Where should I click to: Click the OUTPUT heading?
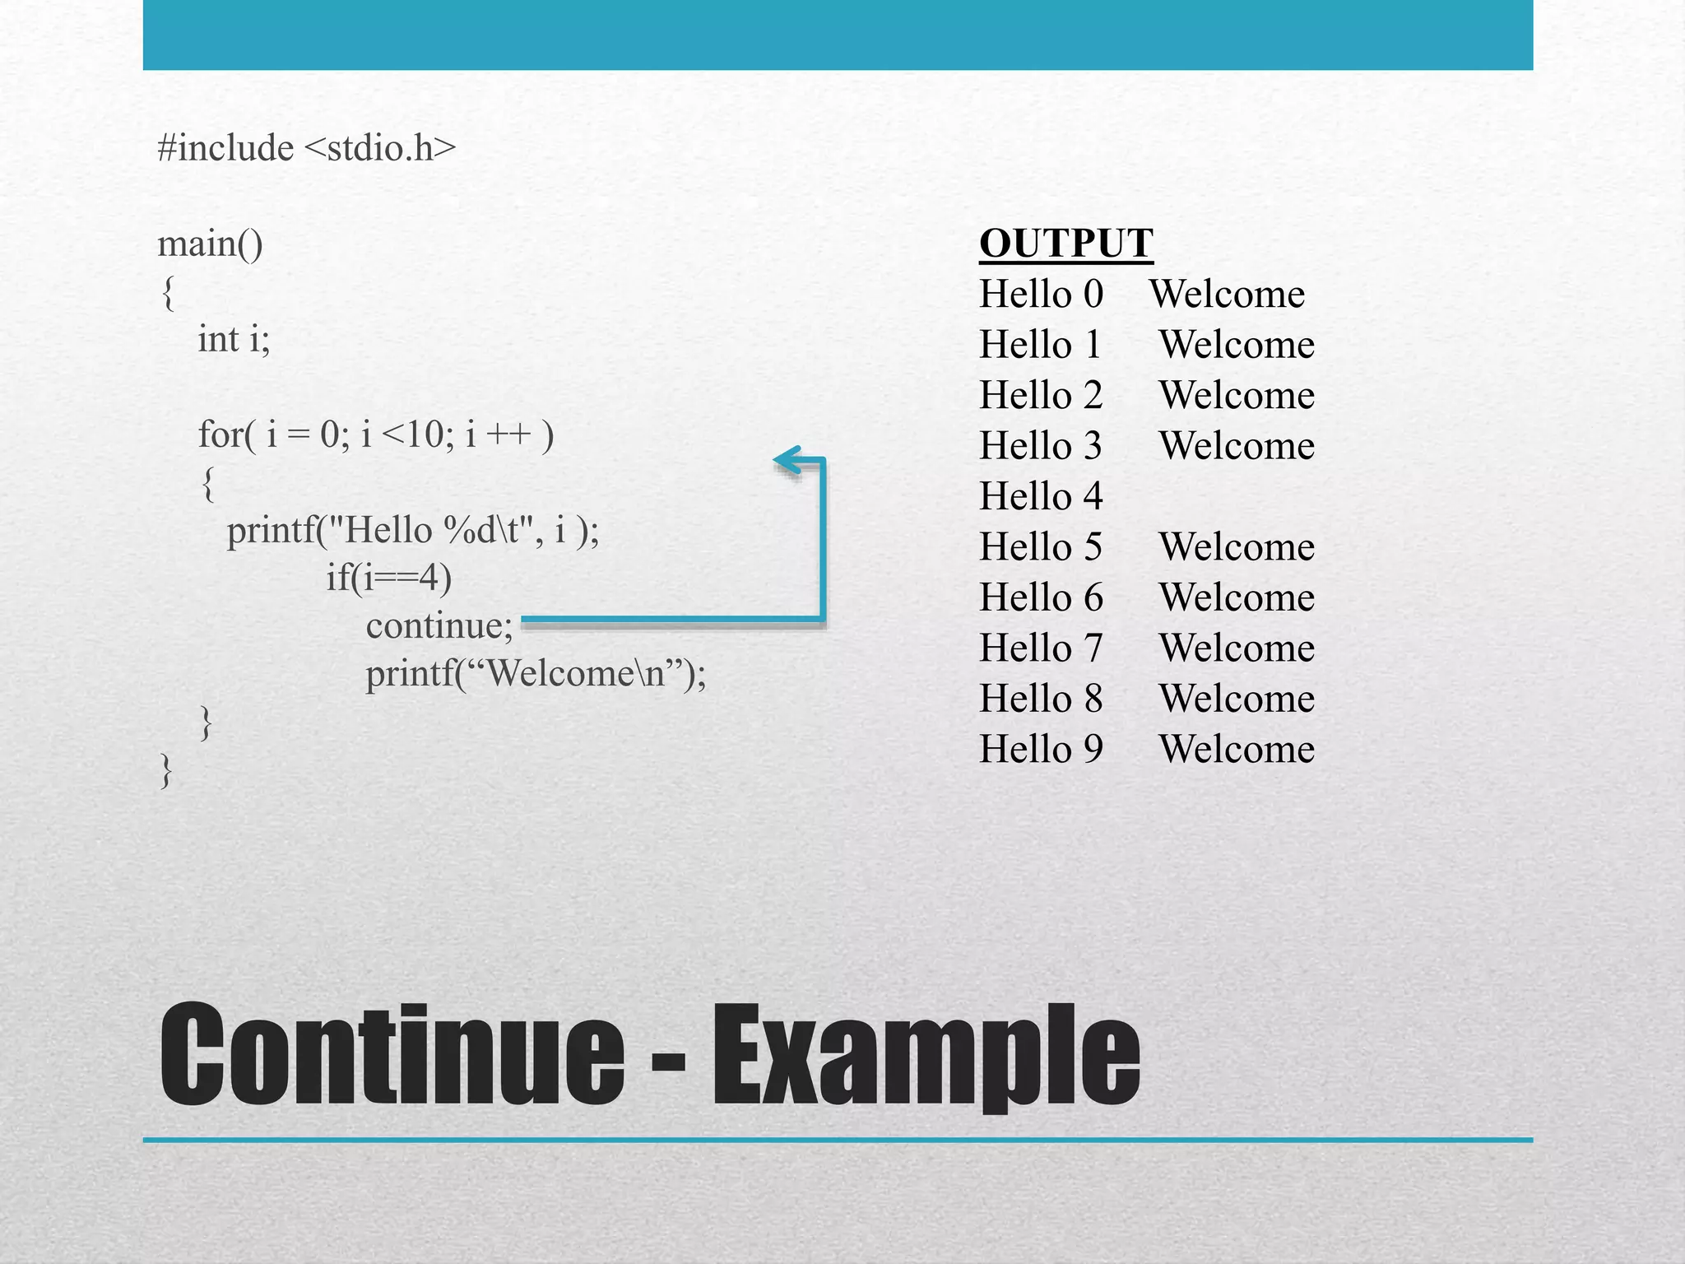[1066, 244]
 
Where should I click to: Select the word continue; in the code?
[439, 626]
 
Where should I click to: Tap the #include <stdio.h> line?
[306, 148]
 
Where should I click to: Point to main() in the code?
[210, 244]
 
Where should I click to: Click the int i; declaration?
[234, 339]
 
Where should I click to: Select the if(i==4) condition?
[388, 578]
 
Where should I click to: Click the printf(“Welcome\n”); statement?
[536, 674]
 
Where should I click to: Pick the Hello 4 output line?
[1041, 496]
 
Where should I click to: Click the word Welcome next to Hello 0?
[1227, 295]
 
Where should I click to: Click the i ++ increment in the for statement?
[498, 434]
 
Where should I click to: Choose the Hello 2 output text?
[1041, 396]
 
